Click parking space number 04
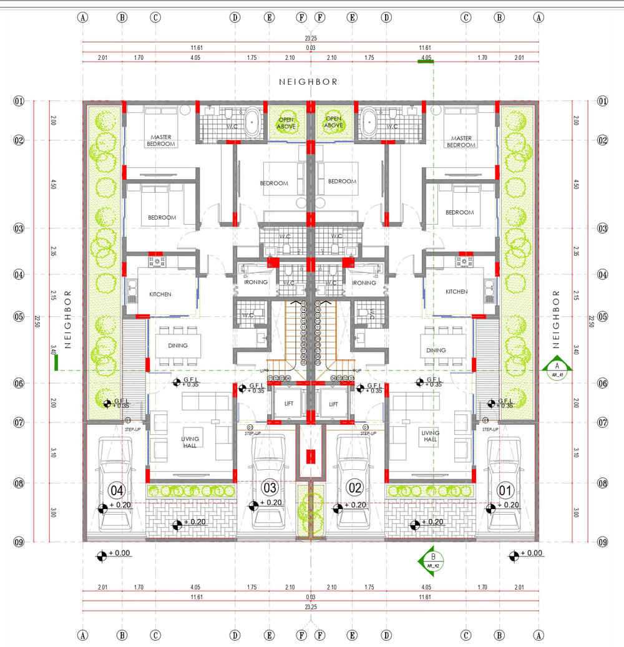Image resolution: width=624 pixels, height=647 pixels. pyautogui.click(x=117, y=489)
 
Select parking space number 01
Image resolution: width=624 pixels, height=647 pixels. pyautogui.click(x=504, y=489)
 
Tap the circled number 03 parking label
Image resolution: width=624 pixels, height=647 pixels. pyautogui.click(x=270, y=487)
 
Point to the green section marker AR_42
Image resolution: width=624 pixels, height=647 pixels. pyautogui.click(x=432, y=560)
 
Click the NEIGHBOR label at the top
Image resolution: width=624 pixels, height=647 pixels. pyautogui.click(x=308, y=82)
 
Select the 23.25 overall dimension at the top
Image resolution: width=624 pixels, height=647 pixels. pyautogui.click(x=310, y=39)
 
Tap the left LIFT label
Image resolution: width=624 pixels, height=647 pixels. pyautogui.click(x=289, y=404)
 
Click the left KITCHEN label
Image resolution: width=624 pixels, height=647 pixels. pyautogui.click(x=160, y=294)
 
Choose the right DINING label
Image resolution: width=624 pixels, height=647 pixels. pyautogui.click(x=436, y=350)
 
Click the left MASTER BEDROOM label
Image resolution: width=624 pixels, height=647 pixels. pyautogui.click(x=160, y=141)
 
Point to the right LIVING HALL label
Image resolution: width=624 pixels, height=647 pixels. pyautogui.click(x=431, y=436)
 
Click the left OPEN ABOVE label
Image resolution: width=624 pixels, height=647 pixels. pyautogui.click(x=286, y=122)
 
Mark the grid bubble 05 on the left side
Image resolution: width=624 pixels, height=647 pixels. pyautogui.click(x=19, y=316)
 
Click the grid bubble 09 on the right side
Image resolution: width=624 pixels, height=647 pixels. pyautogui.click(x=602, y=542)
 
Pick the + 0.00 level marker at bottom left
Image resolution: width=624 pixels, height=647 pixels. pyautogui.click(x=101, y=554)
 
